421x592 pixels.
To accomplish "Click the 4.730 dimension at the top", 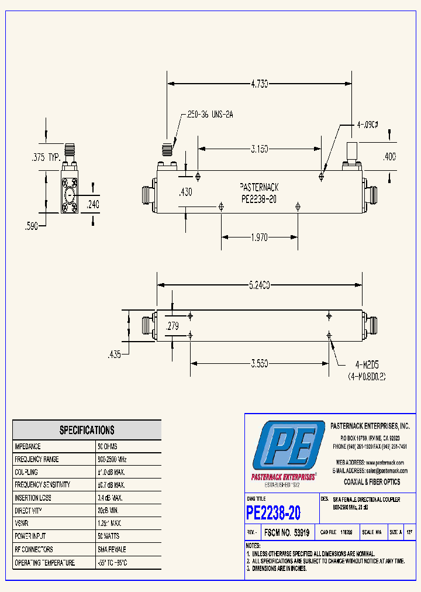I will tap(259, 84).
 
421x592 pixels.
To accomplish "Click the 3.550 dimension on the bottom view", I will tap(259, 363).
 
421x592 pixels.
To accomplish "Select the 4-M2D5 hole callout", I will tap(366, 363).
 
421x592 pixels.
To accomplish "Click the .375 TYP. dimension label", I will tap(46, 157).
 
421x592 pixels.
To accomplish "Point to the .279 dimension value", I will tap(172, 326).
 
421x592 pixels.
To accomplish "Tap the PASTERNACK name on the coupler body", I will tap(259, 187).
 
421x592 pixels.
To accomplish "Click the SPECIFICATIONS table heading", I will tap(87, 430).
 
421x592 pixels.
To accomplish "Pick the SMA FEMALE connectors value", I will tap(112, 549).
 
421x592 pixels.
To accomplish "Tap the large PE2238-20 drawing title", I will tap(274, 513).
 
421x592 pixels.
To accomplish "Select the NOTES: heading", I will tap(254, 546).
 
